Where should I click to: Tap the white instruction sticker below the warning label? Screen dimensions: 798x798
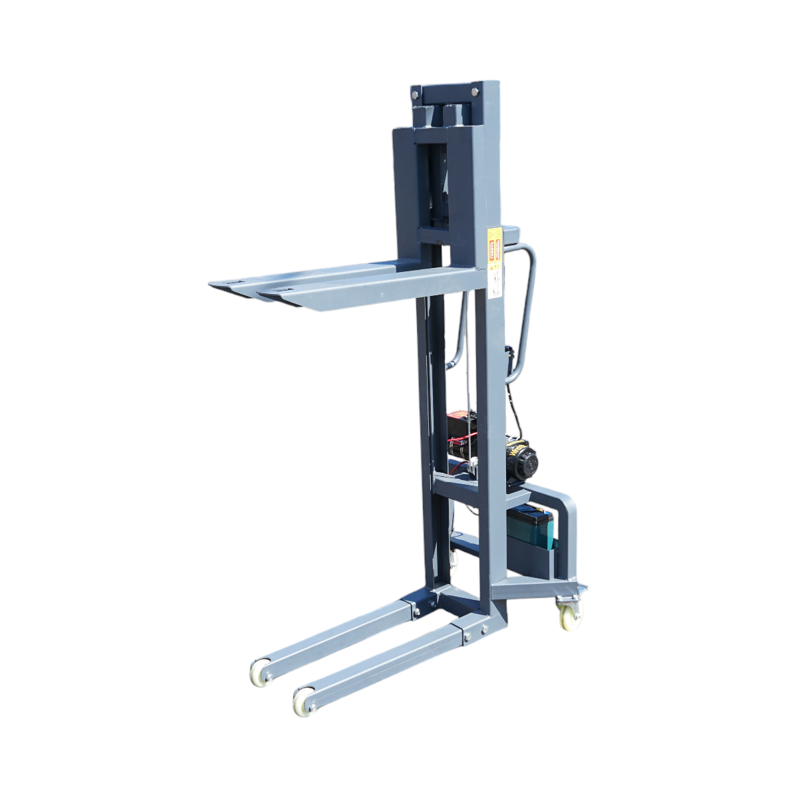[x=496, y=281]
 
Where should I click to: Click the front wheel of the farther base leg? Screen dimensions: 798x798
[x=261, y=673]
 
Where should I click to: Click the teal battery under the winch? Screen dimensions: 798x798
[x=530, y=527]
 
